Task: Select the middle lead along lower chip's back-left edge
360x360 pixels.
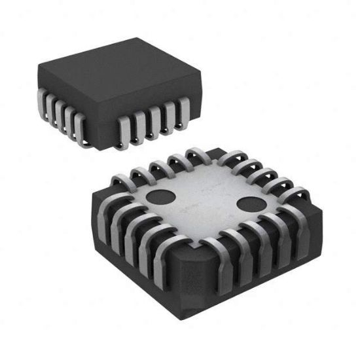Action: point(159,166)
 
